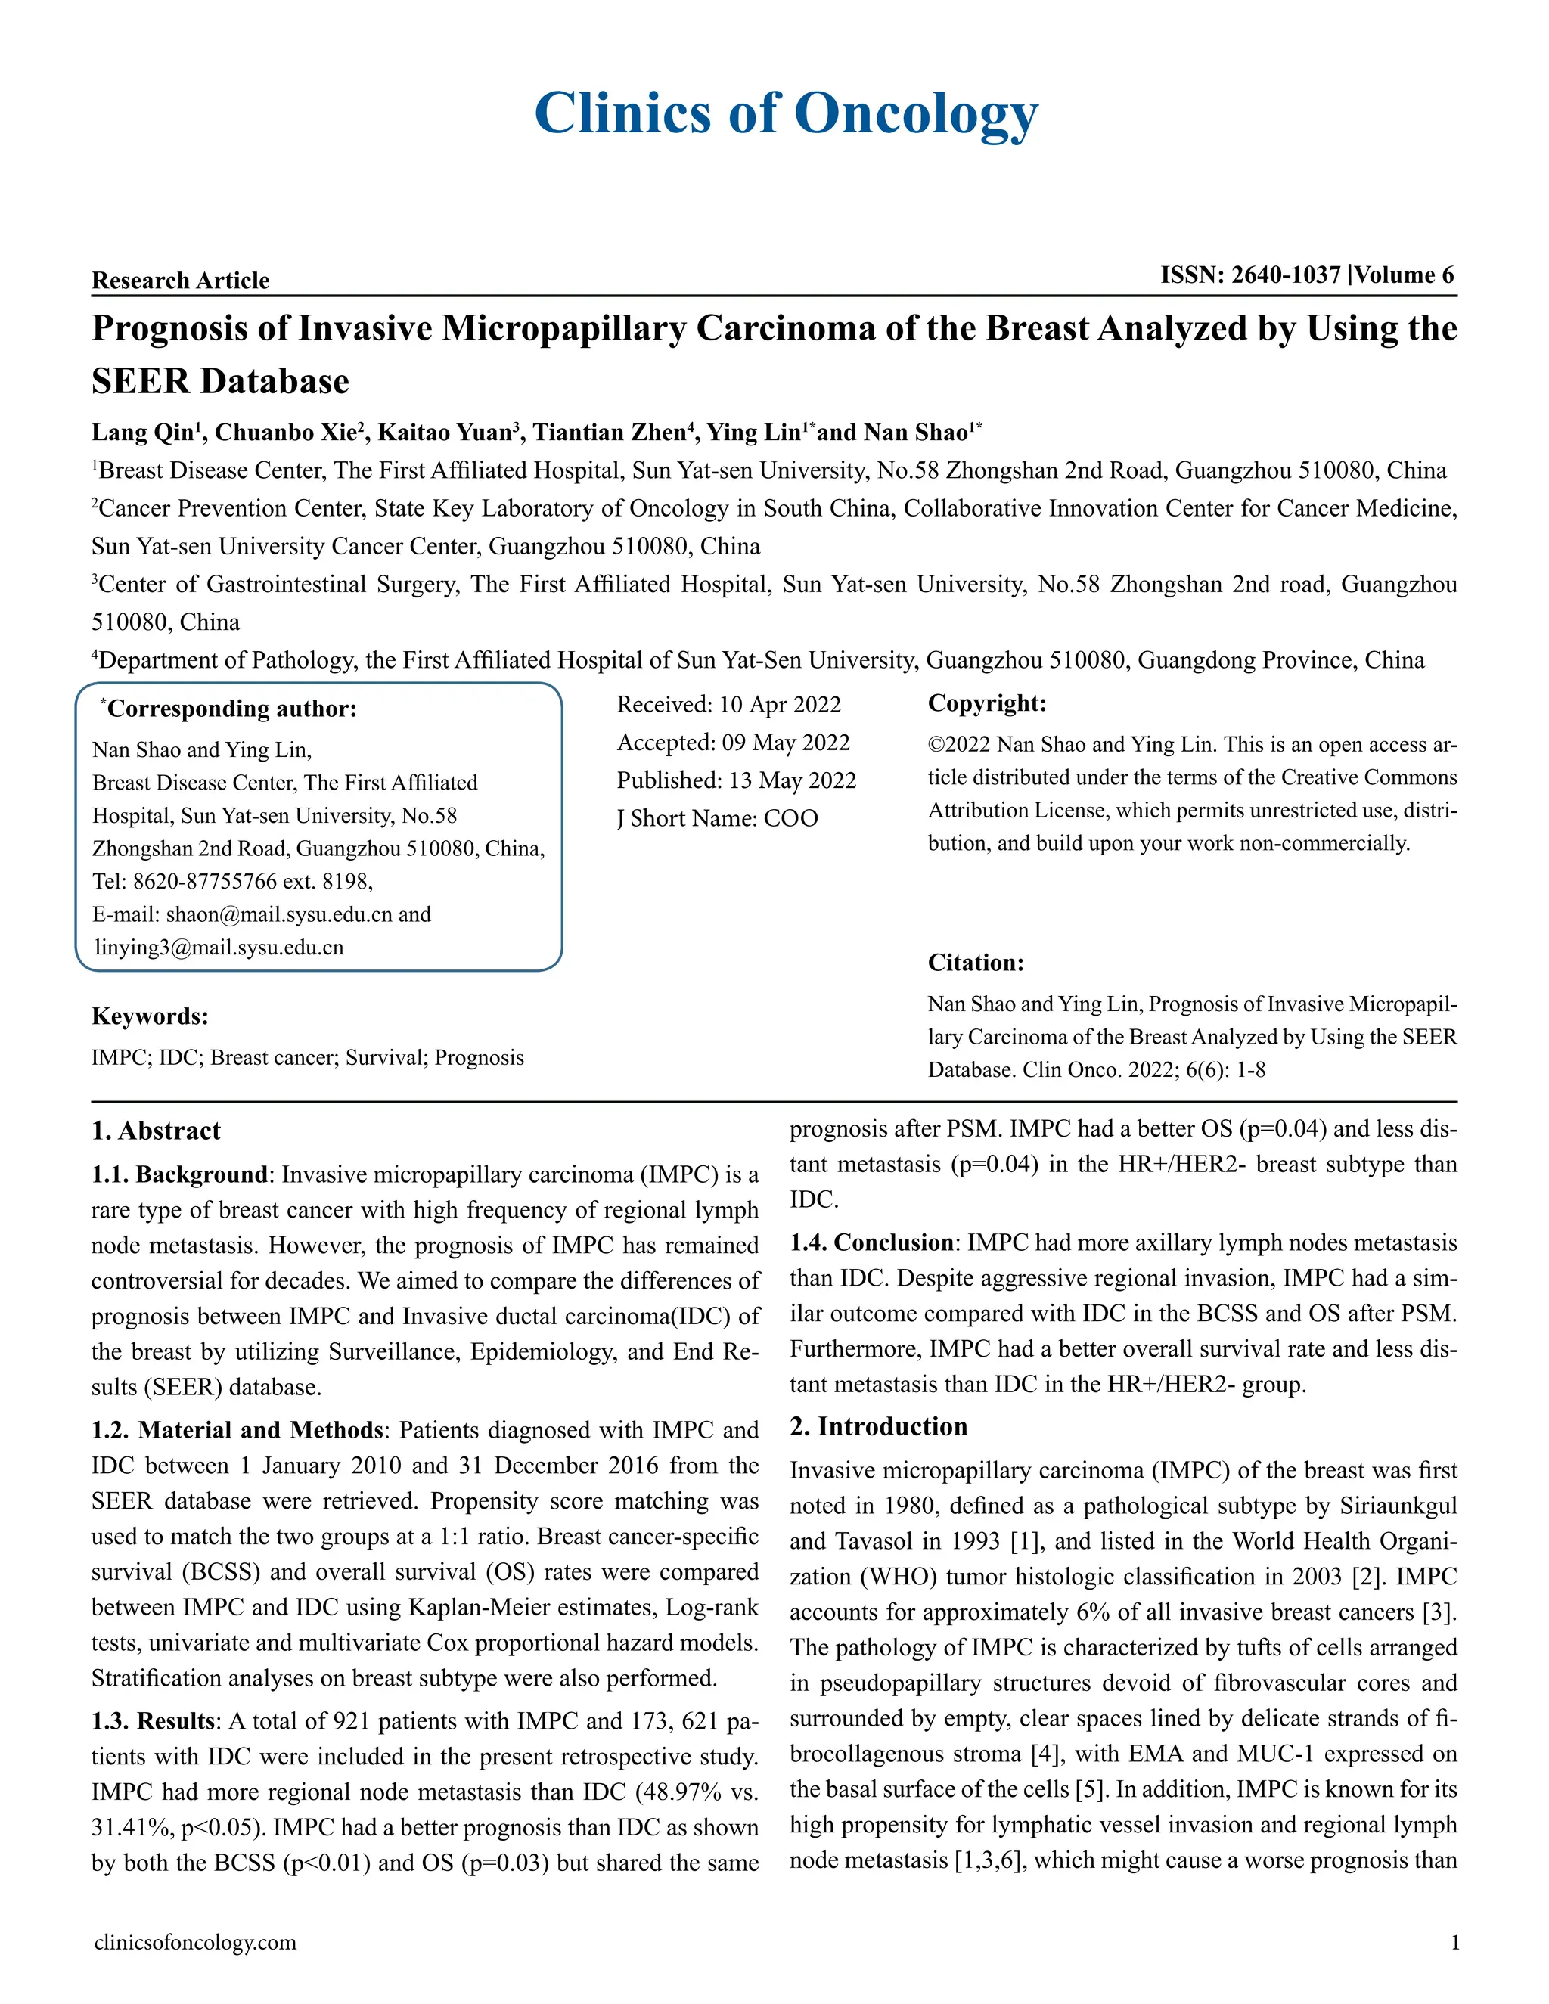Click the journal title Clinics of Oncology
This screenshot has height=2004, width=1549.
pyautogui.click(x=786, y=113)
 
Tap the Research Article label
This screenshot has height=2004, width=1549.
pyautogui.click(x=180, y=280)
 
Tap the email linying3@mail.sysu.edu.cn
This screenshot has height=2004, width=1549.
pyautogui.click(x=219, y=947)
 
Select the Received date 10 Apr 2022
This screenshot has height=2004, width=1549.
pyautogui.click(x=779, y=704)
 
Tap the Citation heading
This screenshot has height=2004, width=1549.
pyautogui.click(x=974, y=963)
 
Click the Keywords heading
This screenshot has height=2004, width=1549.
pyautogui.click(x=150, y=1016)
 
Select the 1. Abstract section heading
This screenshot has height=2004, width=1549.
pyautogui.click(x=156, y=1131)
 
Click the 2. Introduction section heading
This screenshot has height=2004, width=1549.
pyautogui.click(x=878, y=1426)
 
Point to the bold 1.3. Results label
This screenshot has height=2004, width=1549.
pyautogui.click(x=152, y=1720)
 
